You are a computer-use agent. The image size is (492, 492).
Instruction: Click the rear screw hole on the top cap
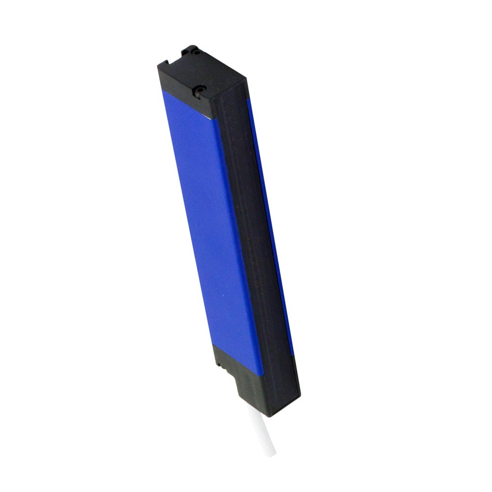196,50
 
